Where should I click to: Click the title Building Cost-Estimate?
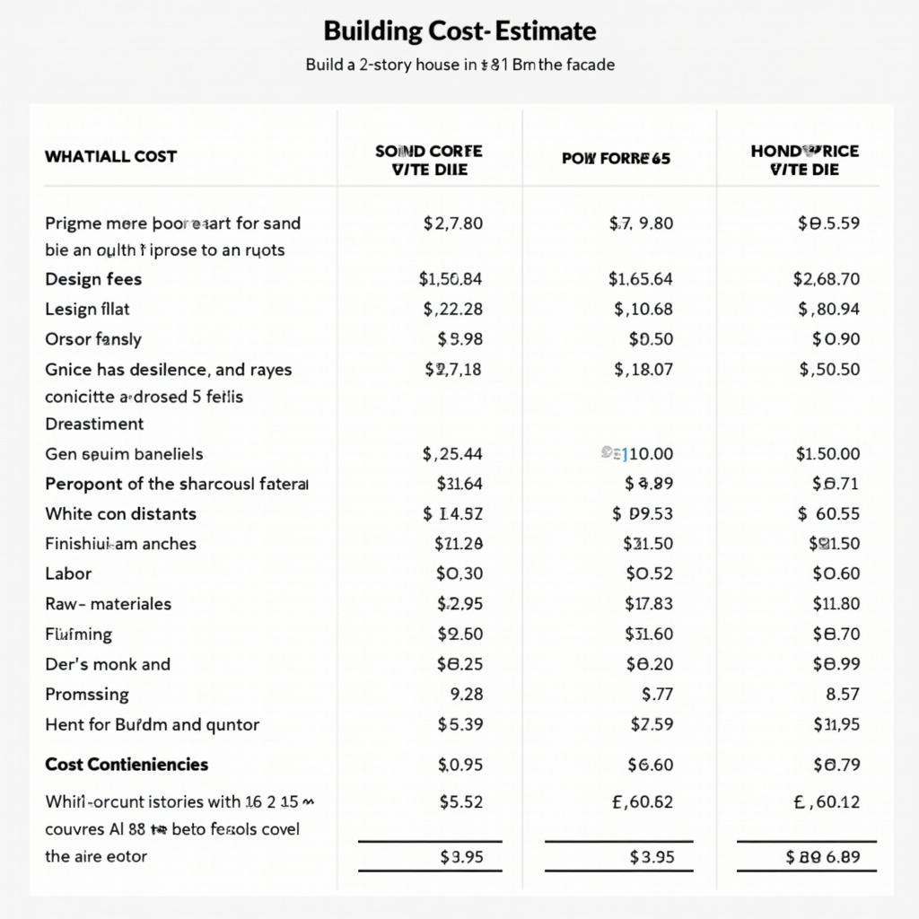(x=459, y=31)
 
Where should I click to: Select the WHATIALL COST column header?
(x=110, y=156)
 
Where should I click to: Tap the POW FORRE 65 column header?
(x=616, y=159)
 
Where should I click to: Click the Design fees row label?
(x=93, y=279)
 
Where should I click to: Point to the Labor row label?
(x=68, y=573)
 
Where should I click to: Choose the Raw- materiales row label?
(x=108, y=604)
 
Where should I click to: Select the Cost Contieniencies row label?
(x=127, y=765)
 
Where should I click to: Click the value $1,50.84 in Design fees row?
(x=450, y=279)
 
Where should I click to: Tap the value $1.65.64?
(x=640, y=279)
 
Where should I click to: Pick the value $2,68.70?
(x=826, y=279)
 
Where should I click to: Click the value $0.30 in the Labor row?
(x=459, y=573)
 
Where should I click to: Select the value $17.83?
(x=649, y=604)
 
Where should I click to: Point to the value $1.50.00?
(x=827, y=454)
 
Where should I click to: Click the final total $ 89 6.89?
(x=822, y=857)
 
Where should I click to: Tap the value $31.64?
(x=459, y=484)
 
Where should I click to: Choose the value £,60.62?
(x=642, y=801)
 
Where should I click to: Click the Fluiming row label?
(x=79, y=635)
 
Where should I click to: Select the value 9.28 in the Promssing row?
(x=464, y=695)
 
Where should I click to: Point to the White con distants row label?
(x=120, y=514)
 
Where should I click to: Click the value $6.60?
(x=651, y=765)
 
